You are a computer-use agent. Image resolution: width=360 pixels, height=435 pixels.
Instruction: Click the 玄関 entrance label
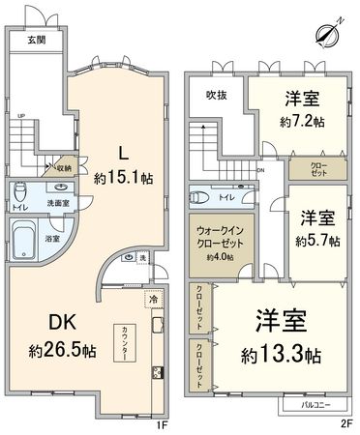36,40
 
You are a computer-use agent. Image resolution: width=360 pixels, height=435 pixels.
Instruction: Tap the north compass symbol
329,32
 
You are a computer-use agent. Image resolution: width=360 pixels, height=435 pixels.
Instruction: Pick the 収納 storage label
62,166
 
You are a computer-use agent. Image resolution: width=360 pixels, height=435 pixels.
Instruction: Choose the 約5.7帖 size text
316,240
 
